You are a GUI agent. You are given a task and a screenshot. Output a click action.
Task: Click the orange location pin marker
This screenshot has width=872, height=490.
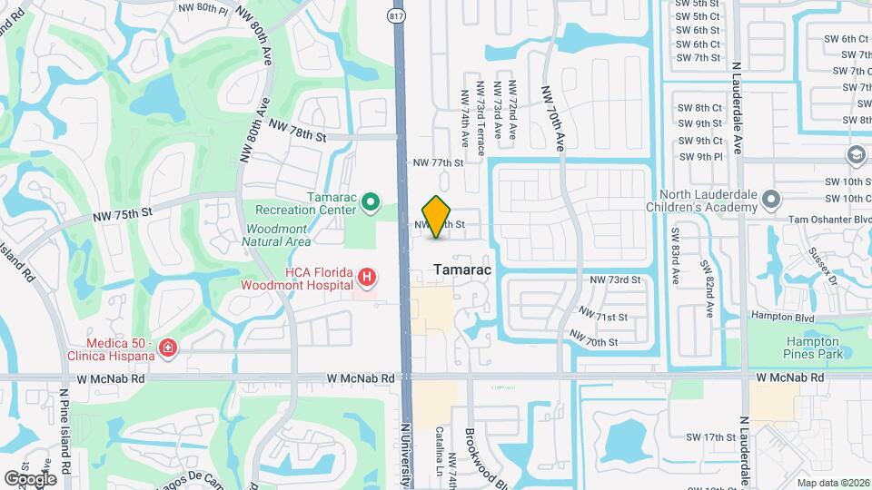point(437,216)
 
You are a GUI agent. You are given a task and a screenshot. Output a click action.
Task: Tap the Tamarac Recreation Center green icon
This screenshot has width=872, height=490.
point(370,202)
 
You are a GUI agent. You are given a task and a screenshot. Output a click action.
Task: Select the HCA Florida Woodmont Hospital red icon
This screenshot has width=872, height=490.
point(365,277)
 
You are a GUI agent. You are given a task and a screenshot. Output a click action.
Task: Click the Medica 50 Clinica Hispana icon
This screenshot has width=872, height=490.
point(167,348)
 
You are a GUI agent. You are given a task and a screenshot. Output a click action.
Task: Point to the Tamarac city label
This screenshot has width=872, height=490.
point(462,270)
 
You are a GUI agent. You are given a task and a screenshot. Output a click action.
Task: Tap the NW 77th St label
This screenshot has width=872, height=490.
point(438,162)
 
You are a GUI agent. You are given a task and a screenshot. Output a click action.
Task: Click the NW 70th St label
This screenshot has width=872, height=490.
point(594,342)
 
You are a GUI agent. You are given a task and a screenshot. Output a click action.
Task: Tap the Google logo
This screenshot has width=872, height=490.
point(30,478)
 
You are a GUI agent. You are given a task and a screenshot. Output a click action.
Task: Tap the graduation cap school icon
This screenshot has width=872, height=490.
point(856,155)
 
